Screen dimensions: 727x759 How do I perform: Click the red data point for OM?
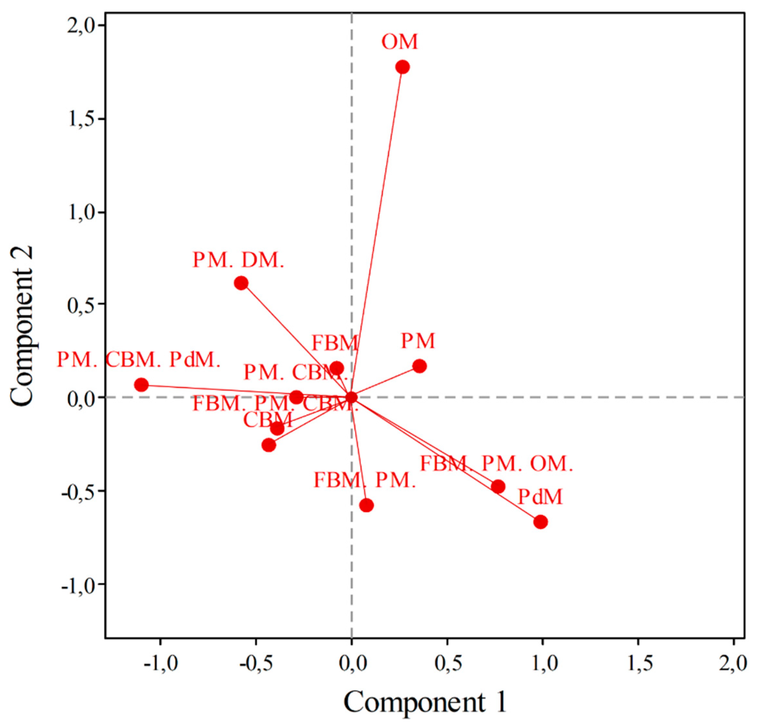point(402,67)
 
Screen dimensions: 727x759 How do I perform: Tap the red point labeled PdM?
point(541,522)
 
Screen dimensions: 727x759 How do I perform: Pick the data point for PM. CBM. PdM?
point(141,385)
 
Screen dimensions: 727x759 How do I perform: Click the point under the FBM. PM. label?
point(366,505)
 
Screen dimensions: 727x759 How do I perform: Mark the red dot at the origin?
point(351,397)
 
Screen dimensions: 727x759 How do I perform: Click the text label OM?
point(400,42)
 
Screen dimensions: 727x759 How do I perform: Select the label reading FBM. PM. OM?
point(496,464)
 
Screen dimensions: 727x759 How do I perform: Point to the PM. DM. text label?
point(238,260)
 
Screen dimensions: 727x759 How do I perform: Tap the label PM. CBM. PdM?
point(139,360)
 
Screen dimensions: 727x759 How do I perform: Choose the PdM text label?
point(540,497)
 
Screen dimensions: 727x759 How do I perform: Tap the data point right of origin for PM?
point(419,366)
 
